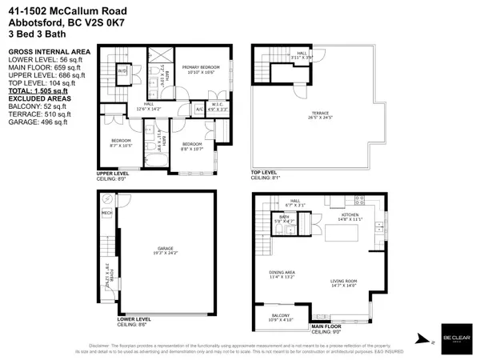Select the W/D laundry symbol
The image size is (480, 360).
[124, 70]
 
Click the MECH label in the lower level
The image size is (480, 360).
[106, 214]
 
